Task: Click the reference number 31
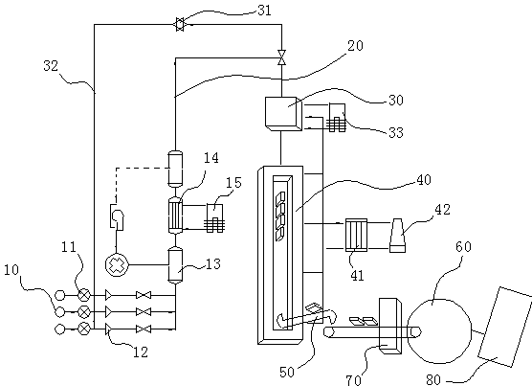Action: pos(265,11)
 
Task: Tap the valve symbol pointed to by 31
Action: pos(180,25)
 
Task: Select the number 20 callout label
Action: pos(355,45)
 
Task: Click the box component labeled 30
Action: pos(283,113)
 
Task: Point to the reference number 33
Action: pos(395,132)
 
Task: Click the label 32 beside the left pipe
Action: pos(51,65)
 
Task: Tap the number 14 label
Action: pos(211,158)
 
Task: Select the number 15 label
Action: pos(233,183)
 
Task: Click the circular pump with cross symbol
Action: pos(117,264)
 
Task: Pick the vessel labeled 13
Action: pos(175,265)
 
